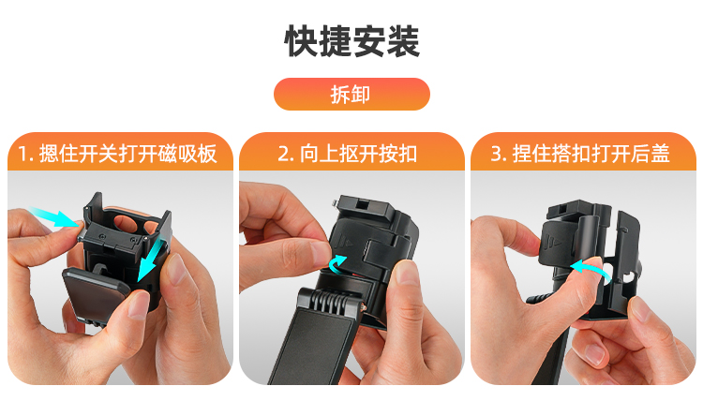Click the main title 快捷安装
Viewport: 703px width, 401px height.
tap(352, 41)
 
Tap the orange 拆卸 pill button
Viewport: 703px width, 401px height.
tap(351, 94)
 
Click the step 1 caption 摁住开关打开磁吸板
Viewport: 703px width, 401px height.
tap(128, 154)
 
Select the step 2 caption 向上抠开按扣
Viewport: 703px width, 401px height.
tap(359, 154)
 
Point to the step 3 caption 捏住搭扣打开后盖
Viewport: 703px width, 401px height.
tap(591, 154)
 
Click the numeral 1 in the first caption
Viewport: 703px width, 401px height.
tap(22, 155)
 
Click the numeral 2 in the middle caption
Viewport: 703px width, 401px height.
tap(283, 155)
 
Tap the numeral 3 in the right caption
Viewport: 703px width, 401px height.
tap(496, 155)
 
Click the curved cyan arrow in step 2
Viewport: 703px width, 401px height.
tap(337, 264)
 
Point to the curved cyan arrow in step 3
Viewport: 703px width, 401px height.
tap(591, 269)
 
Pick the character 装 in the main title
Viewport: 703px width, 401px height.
tap(403, 41)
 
